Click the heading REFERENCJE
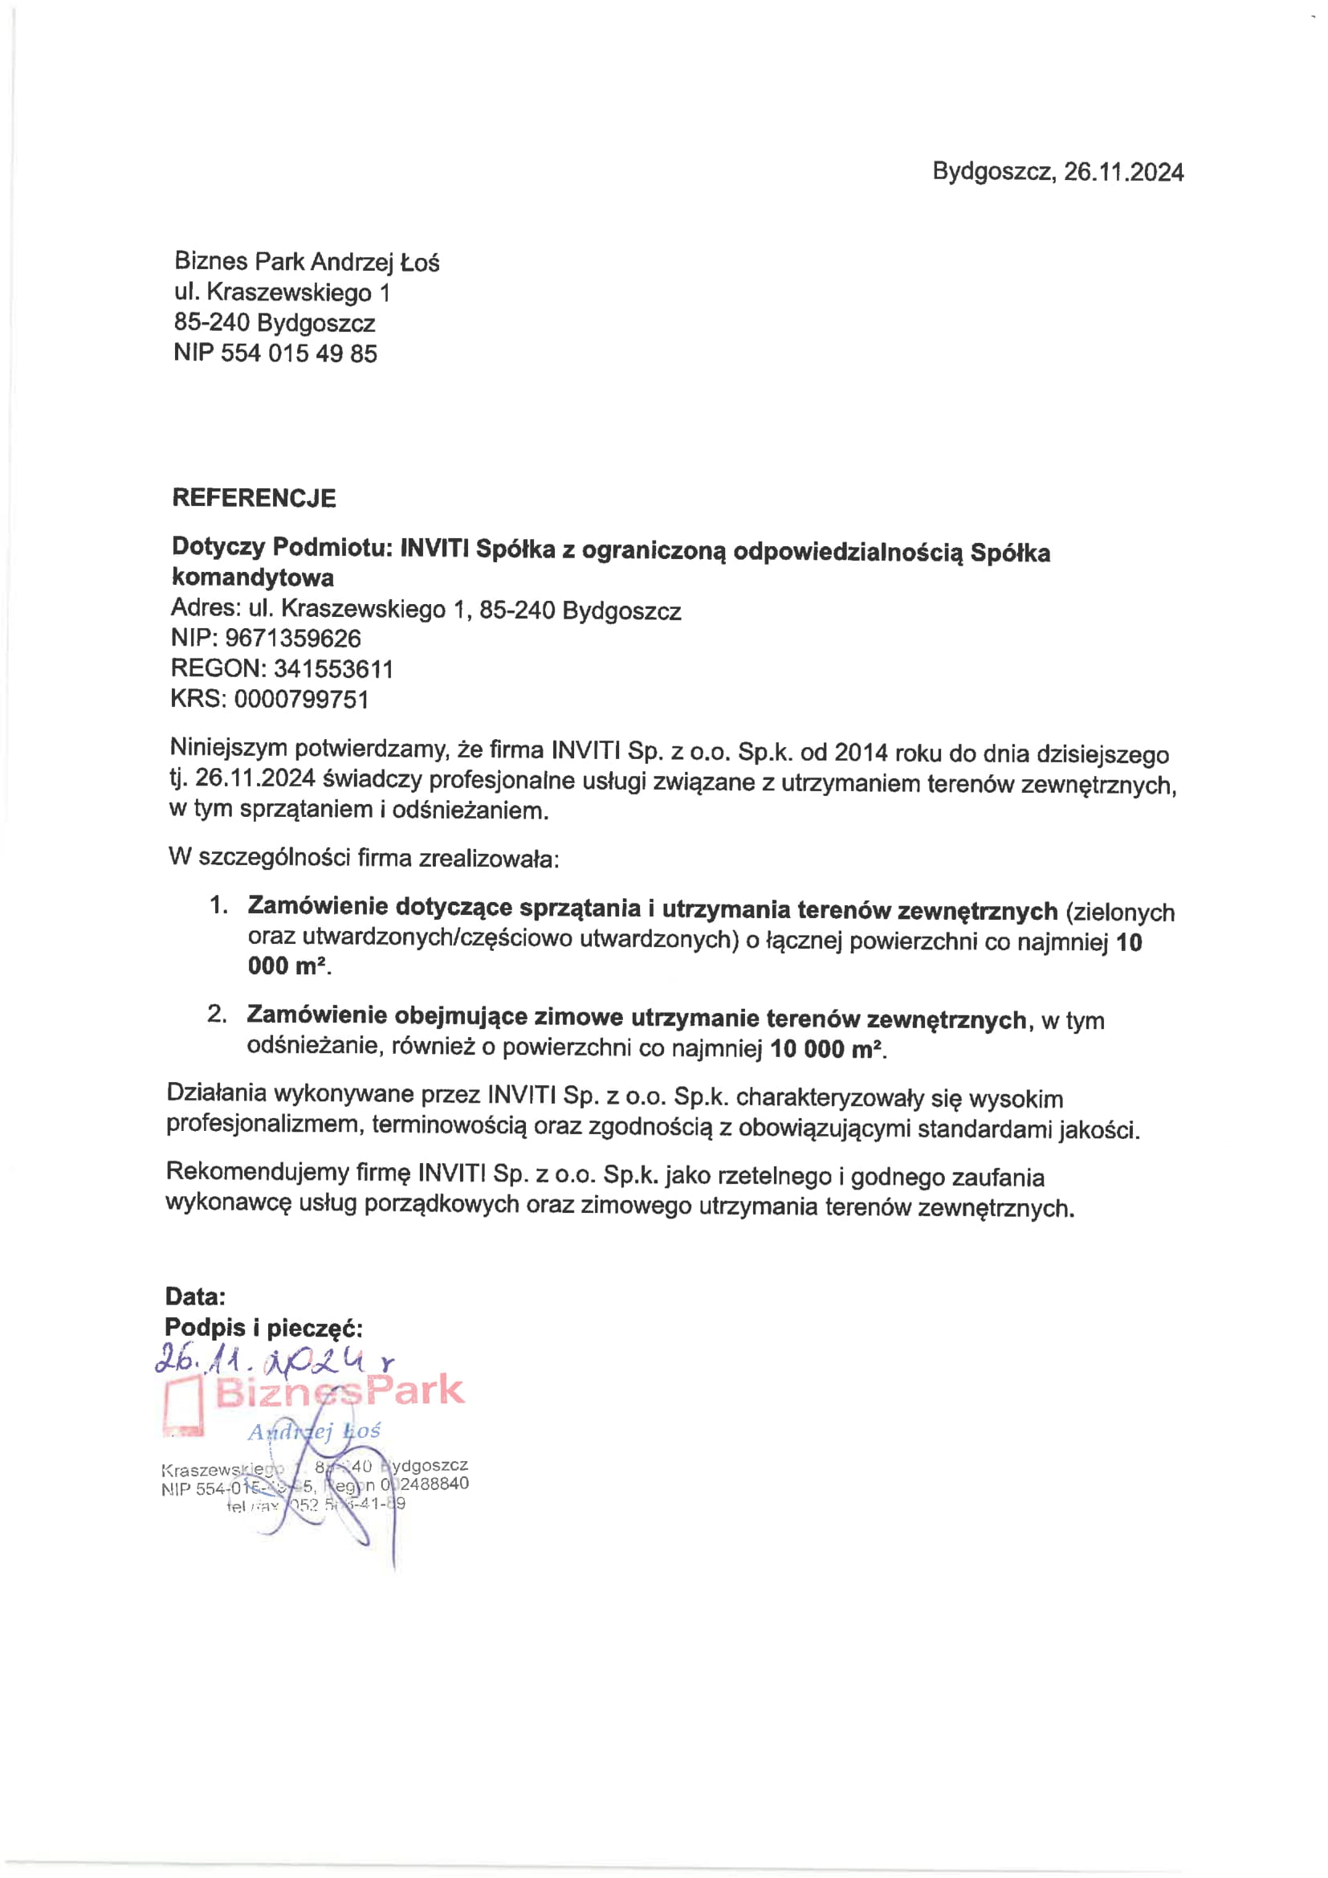(x=254, y=498)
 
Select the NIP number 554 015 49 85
(x=299, y=353)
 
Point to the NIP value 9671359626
(x=293, y=639)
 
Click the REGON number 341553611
(x=333, y=669)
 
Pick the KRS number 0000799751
(x=301, y=700)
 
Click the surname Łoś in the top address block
(x=419, y=263)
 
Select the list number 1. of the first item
(x=218, y=904)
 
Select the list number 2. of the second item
(x=217, y=1015)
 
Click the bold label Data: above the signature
(x=194, y=1296)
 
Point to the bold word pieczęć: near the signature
(x=315, y=1328)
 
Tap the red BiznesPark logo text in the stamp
(x=340, y=1391)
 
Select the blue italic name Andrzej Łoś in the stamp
(x=314, y=1431)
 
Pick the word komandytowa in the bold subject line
(x=253, y=578)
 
